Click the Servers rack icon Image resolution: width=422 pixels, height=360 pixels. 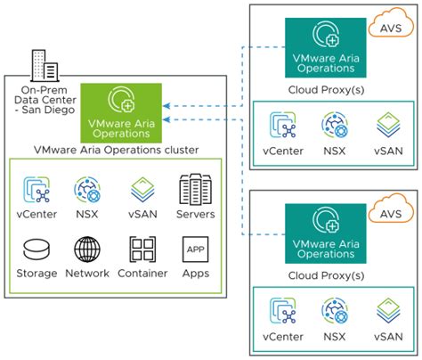[x=195, y=190]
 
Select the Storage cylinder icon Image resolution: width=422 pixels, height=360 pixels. [x=37, y=250]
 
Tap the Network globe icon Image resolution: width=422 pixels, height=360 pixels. [x=87, y=250]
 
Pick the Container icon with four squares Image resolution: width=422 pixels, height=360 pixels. [x=142, y=250]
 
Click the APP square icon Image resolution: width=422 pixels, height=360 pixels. [x=195, y=250]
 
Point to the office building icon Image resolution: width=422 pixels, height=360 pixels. [x=45, y=66]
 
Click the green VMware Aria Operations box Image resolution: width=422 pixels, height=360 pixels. [x=121, y=113]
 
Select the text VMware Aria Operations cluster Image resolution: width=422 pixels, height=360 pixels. [x=116, y=150]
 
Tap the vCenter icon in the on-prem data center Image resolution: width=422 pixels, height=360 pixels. [x=37, y=190]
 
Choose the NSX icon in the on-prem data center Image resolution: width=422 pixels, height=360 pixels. [x=87, y=190]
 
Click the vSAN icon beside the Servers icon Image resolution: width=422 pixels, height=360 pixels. [x=142, y=190]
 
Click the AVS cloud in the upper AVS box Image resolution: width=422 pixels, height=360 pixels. [x=391, y=23]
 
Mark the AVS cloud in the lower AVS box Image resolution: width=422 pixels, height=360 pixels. [x=391, y=209]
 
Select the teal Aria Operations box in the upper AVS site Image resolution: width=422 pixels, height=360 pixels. [x=326, y=48]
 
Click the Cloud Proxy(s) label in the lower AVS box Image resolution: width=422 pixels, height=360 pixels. [x=326, y=275]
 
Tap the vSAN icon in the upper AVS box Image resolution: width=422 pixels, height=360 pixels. [x=388, y=125]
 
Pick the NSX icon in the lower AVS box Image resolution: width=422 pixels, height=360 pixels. [x=335, y=311]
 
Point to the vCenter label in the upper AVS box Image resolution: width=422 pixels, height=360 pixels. [x=283, y=151]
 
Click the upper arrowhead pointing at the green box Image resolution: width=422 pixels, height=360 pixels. [x=166, y=106]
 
